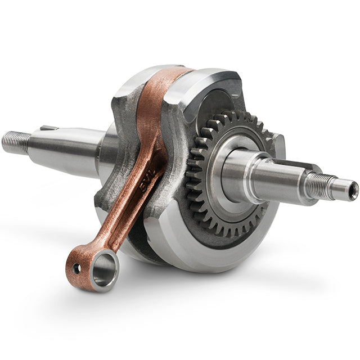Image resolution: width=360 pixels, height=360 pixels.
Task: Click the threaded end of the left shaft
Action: [x=15, y=142]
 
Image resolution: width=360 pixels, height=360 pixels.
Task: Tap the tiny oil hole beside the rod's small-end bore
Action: [x=76, y=268]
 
